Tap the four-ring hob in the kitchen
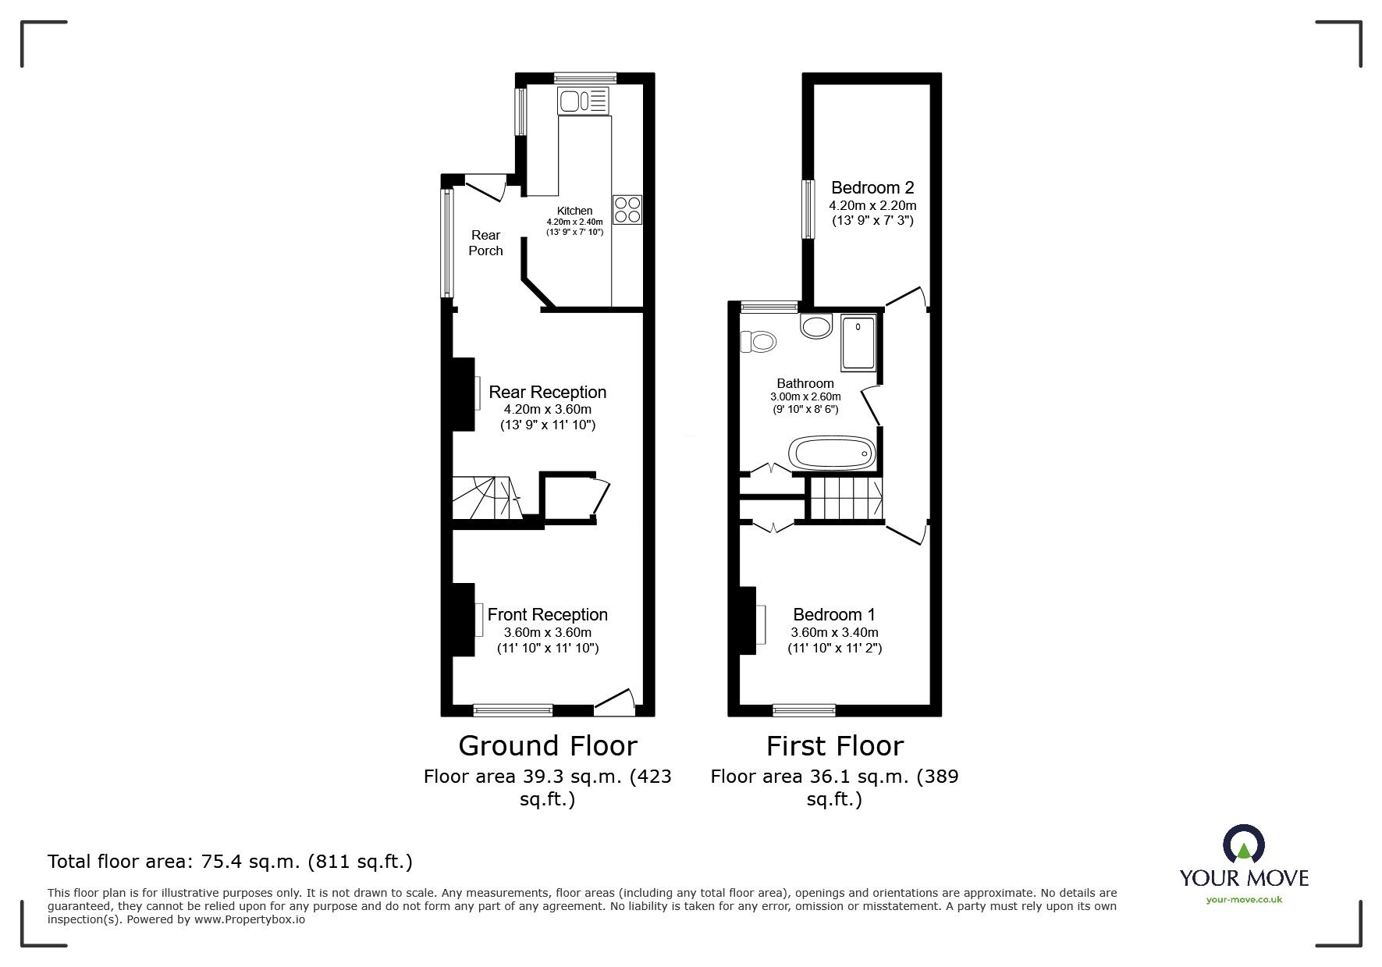coord(627,209)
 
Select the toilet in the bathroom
coord(759,342)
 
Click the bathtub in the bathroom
coord(832,452)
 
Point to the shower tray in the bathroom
coord(858,343)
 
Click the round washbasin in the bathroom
coord(816,326)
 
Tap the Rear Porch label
coord(485,243)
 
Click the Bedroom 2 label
coord(872,187)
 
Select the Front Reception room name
coord(547,614)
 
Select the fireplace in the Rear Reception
coord(465,393)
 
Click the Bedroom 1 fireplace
coord(749,620)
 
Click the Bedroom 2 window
coord(808,209)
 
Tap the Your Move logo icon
coord(1243,845)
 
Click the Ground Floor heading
coord(547,745)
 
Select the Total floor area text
coord(229,862)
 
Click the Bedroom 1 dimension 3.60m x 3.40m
coord(834,633)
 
